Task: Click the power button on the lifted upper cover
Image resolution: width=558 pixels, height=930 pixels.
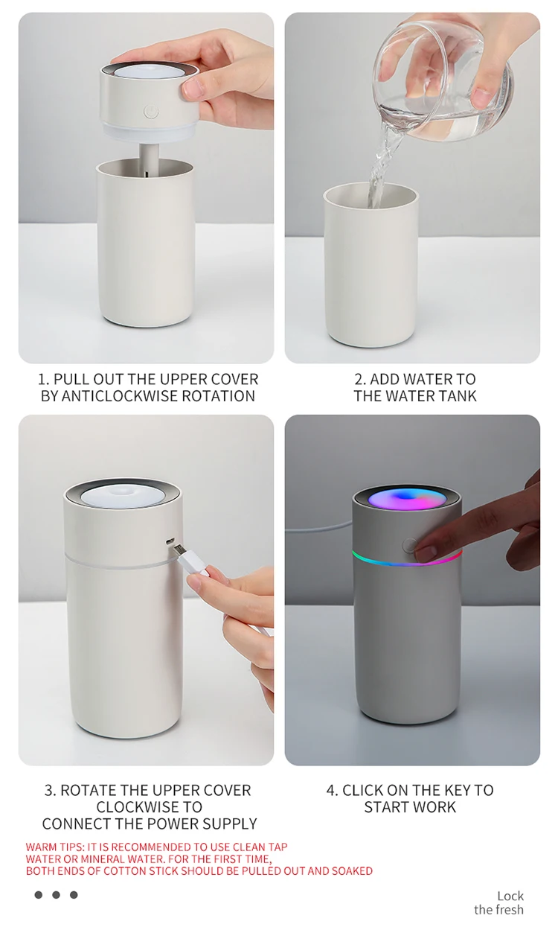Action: tap(151, 111)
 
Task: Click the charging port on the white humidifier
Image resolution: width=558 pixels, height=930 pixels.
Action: tap(170, 541)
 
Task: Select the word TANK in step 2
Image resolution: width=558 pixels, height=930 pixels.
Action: tap(458, 396)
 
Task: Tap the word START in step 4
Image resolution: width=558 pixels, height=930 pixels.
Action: tap(386, 807)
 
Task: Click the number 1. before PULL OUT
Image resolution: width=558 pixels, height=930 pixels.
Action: tap(44, 379)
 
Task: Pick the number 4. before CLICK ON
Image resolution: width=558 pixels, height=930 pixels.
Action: tap(333, 790)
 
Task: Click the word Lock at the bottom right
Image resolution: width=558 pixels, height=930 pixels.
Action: tap(510, 896)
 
